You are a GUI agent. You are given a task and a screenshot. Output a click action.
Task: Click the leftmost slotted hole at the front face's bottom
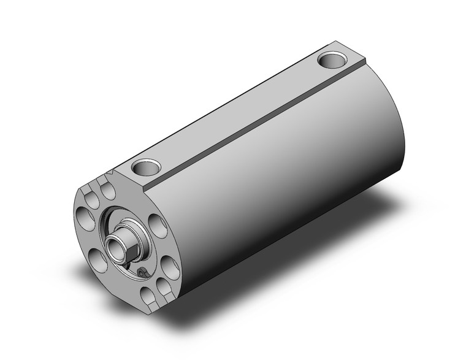pos(147,297)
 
